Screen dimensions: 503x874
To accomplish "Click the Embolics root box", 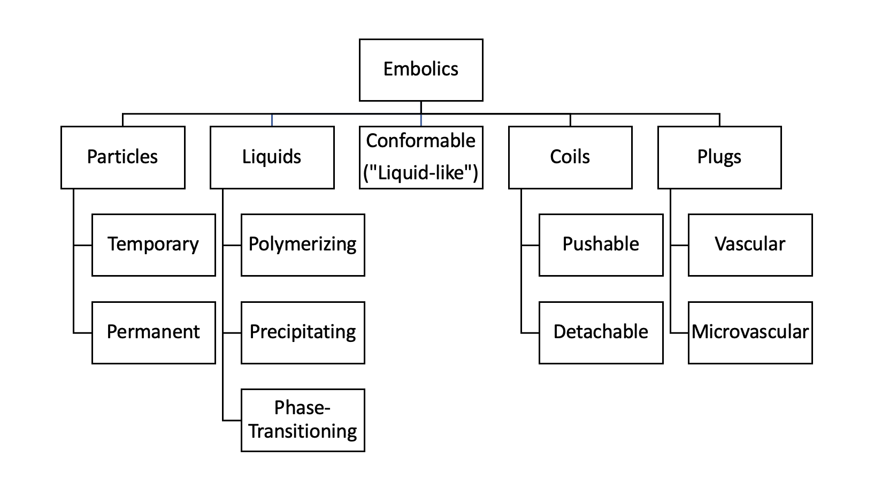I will (x=421, y=70).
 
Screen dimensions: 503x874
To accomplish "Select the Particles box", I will (x=123, y=157).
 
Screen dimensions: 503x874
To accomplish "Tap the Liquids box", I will (x=272, y=157).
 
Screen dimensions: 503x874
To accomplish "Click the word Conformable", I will (x=421, y=141).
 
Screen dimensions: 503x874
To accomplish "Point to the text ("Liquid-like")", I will (x=421, y=173).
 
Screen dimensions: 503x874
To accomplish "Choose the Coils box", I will (x=570, y=157).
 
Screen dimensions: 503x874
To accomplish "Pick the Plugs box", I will (x=719, y=157).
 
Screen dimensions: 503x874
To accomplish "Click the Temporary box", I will (x=154, y=245).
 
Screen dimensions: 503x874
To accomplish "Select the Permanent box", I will (x=154, y=332).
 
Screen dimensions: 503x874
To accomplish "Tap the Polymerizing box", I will (x=303, y=245).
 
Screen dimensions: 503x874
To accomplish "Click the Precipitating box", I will (x=303, y=332).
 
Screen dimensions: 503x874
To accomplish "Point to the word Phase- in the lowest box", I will (x=303, y=408).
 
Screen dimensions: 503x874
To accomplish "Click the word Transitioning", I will (x=303, y=431).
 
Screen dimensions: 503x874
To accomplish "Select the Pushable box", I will (x=601, y=245).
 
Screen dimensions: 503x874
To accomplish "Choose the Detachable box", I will (x=601, y=332).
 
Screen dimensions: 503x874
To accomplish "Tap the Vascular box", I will (x=750, y=245).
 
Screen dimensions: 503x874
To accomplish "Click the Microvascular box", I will (x=750, y=332).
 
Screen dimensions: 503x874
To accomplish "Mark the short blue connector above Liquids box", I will (x=272, y=120).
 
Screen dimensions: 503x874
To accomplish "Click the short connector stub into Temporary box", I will (x=83, y=246).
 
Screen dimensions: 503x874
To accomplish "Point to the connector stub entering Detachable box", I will (x=530, y=333).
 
